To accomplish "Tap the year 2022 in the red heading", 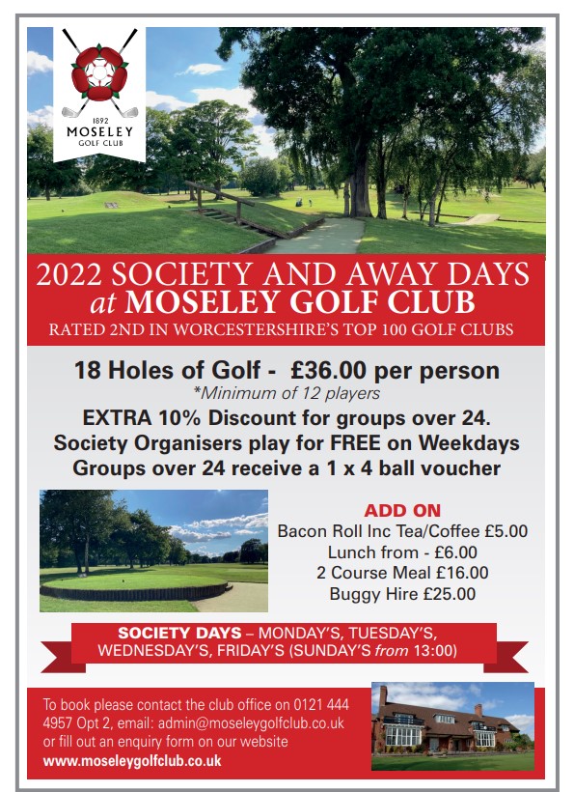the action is pos(68,274).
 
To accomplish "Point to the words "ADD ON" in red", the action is pos(402,510).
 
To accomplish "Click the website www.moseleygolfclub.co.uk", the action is pos(132,761).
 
